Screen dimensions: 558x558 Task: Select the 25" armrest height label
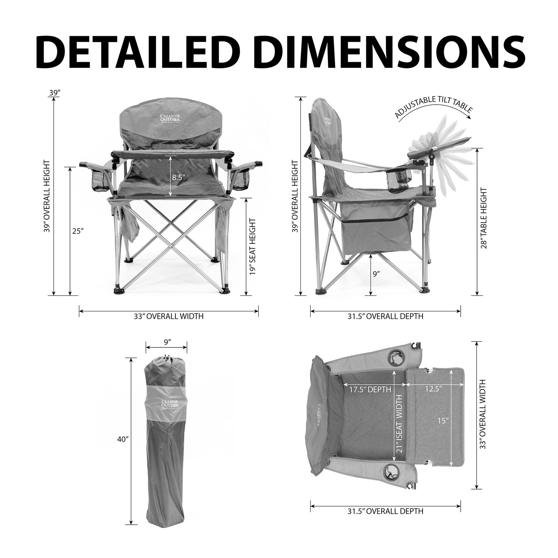pos(78,231)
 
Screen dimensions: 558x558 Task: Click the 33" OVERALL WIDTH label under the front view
pos(169,316)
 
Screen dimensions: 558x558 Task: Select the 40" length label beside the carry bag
pos(122,439)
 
